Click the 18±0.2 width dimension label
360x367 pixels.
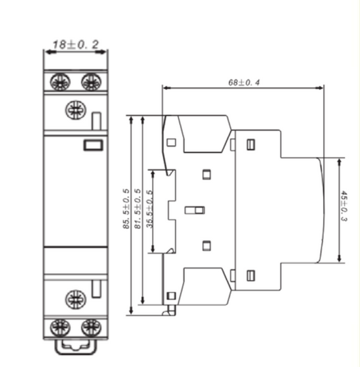[76, 45]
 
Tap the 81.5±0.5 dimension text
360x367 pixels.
[138, 210]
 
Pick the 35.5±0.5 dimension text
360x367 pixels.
[149, 210]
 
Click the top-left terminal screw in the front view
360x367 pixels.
[59, 82]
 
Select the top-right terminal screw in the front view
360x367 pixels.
[90, 82]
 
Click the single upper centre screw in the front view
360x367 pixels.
[74, 109]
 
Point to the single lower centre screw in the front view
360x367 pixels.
[74, 298]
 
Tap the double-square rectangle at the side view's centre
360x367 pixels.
[195, 210]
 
